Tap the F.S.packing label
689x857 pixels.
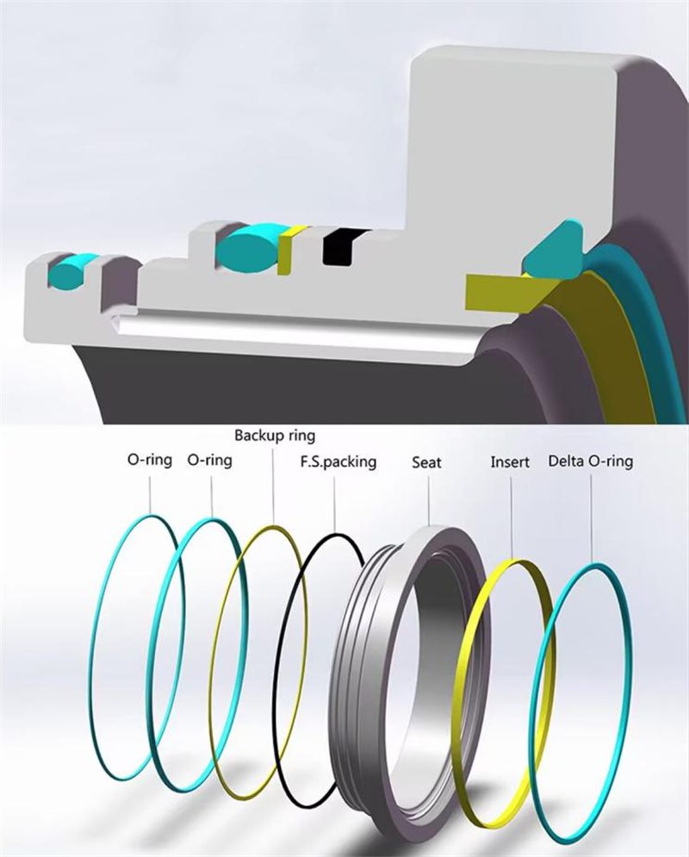coord(338,462)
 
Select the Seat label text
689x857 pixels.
coord(426,463)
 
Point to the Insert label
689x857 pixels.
coord(511,462)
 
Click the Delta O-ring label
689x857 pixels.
coord(590,462)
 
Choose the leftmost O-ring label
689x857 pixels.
coord(150,461)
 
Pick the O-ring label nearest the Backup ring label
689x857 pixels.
coord(209,461)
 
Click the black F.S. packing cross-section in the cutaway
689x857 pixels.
coord(338,246)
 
